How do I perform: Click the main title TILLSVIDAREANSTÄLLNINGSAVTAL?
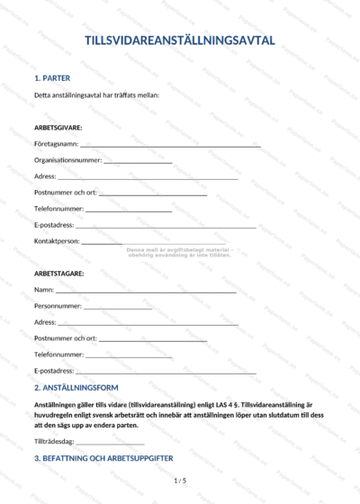tap(180, 40)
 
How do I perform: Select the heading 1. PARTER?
tap(52, 78)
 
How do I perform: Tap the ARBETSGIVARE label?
tap(58, 127)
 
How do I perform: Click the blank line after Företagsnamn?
tap(170, 145)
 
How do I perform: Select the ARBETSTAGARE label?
tap(58, 273)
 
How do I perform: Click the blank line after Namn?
tap(146, 292)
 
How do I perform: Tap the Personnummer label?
tap(56, 306)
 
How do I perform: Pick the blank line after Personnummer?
tap(116, 309)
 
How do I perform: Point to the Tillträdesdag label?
tap(54, 442)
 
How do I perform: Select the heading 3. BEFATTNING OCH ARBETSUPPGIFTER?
tap(103, 459)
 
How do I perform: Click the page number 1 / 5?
tap(180, 481)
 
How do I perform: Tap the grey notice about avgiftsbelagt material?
tap(179, 252)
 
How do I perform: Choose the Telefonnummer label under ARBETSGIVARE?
tap(58, 209)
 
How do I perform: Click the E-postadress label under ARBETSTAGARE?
tap(54, 371)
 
